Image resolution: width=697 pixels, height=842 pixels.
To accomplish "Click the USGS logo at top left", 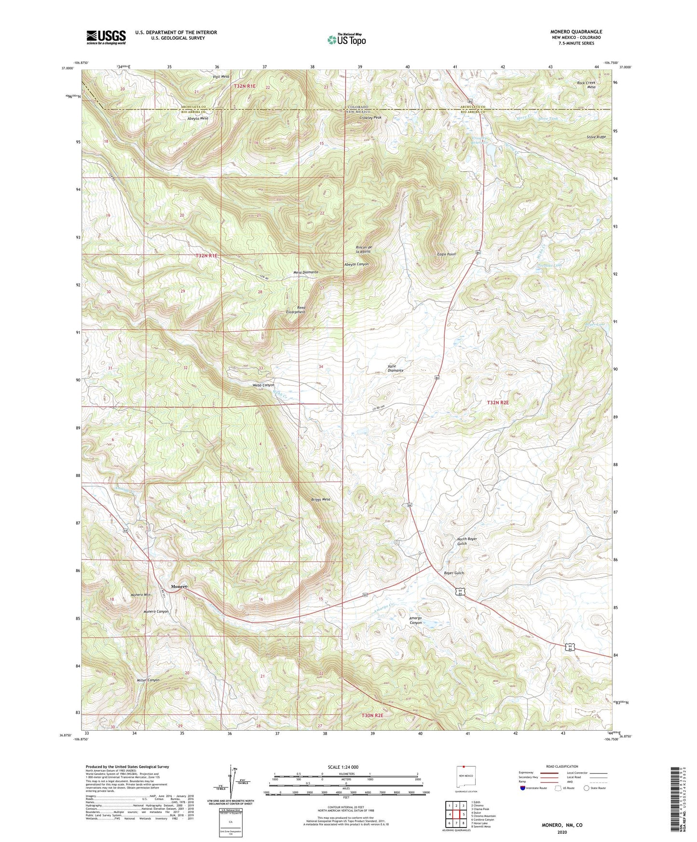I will [106, 37].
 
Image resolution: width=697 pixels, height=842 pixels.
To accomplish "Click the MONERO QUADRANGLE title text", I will [576, 32].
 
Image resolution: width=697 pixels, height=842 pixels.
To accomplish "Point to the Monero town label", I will [178, 586].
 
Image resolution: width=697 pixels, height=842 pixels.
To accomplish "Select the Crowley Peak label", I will [370, 118].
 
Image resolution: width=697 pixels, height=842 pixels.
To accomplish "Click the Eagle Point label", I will [446, 254].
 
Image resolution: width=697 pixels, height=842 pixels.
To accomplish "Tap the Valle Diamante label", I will [395, 368].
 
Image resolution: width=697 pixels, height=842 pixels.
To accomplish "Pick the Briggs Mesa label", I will [319, 500].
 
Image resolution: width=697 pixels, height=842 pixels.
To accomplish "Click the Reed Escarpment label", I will [295, 310].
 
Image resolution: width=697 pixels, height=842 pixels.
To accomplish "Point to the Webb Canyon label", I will [263, 385].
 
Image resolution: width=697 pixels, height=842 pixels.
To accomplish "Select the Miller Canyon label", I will [148, 680].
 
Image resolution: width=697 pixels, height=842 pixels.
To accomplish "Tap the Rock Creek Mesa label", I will [586, 84].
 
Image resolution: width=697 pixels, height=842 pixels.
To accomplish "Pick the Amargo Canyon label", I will [415, 620].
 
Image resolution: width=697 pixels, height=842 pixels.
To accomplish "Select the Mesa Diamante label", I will [306, 272].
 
